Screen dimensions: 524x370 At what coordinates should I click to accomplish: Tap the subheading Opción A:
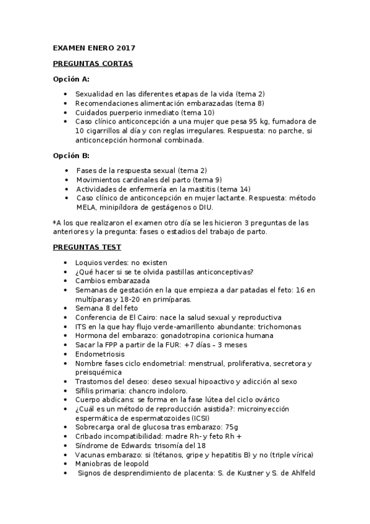pyautogui.click(x=71, y=79)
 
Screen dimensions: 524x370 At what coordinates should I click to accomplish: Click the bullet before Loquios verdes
pyautogui.click(x=67, y=263)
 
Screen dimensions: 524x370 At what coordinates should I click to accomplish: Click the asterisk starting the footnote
pyautogui.click(x=54, y=222)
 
